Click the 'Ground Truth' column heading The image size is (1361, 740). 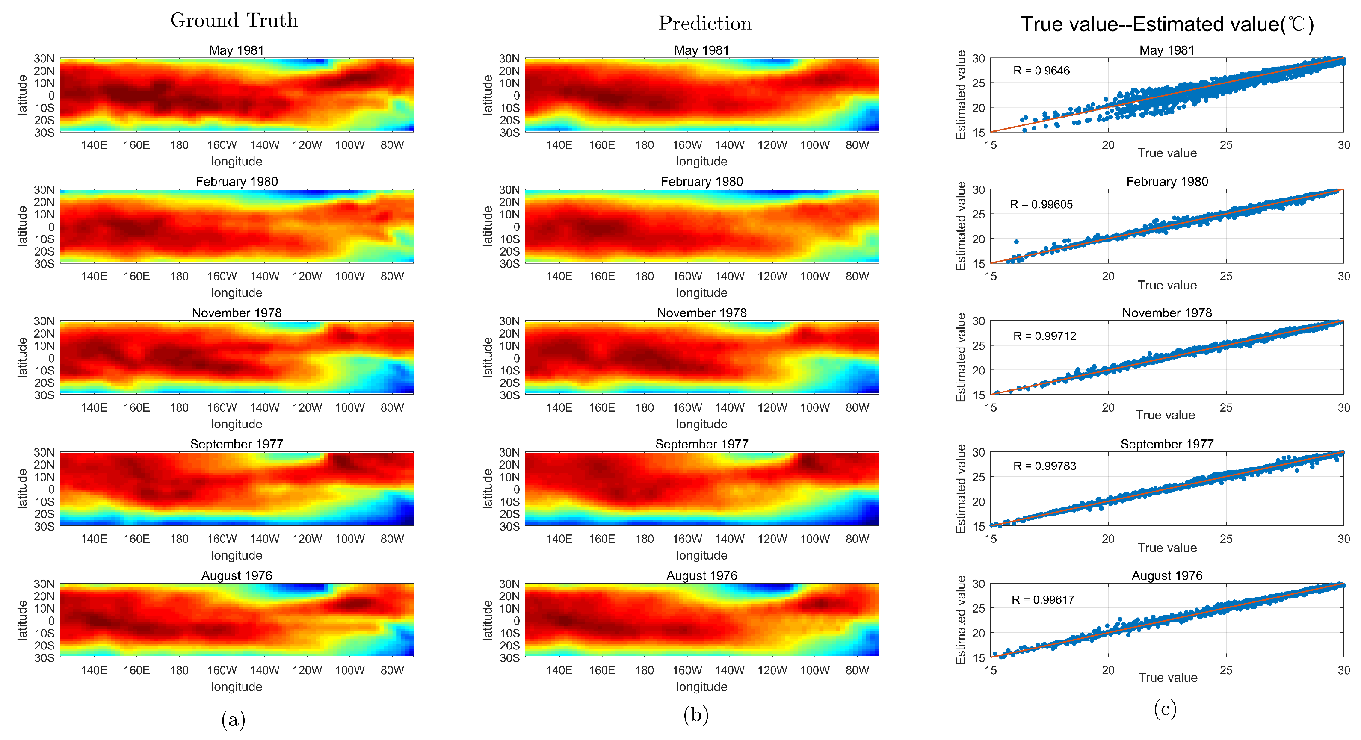point(234,20)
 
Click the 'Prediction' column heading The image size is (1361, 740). point(705,23)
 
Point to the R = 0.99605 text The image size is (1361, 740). point(1041,204)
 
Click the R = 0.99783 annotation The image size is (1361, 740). point(1044,466)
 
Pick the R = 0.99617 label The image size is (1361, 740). point(1042,599)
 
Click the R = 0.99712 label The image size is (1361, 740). point(1044,336)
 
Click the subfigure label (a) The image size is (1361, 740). point(233,719)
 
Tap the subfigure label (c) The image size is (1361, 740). point(1165,709)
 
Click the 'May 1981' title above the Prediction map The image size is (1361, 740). point(701,50)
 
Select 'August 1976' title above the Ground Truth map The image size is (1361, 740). point(237,575)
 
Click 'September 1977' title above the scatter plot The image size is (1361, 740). point(1166,444)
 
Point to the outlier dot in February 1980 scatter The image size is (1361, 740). point(1017,242)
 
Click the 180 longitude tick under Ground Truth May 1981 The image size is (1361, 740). point(179,145)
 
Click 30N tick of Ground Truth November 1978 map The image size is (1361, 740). point(44,321)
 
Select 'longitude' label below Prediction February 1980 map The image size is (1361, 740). point(701,292)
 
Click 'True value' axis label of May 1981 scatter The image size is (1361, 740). point(1166,153)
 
